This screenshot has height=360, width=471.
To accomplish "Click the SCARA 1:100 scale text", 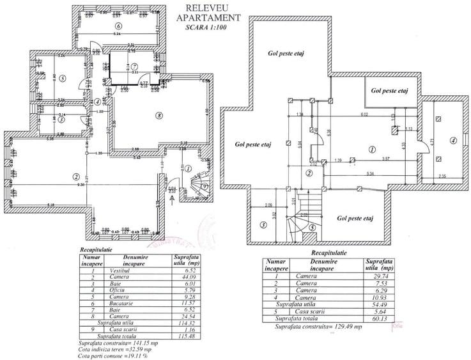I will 205,28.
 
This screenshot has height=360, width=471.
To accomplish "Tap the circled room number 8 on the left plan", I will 158,116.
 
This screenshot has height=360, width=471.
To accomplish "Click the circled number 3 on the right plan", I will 263,224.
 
